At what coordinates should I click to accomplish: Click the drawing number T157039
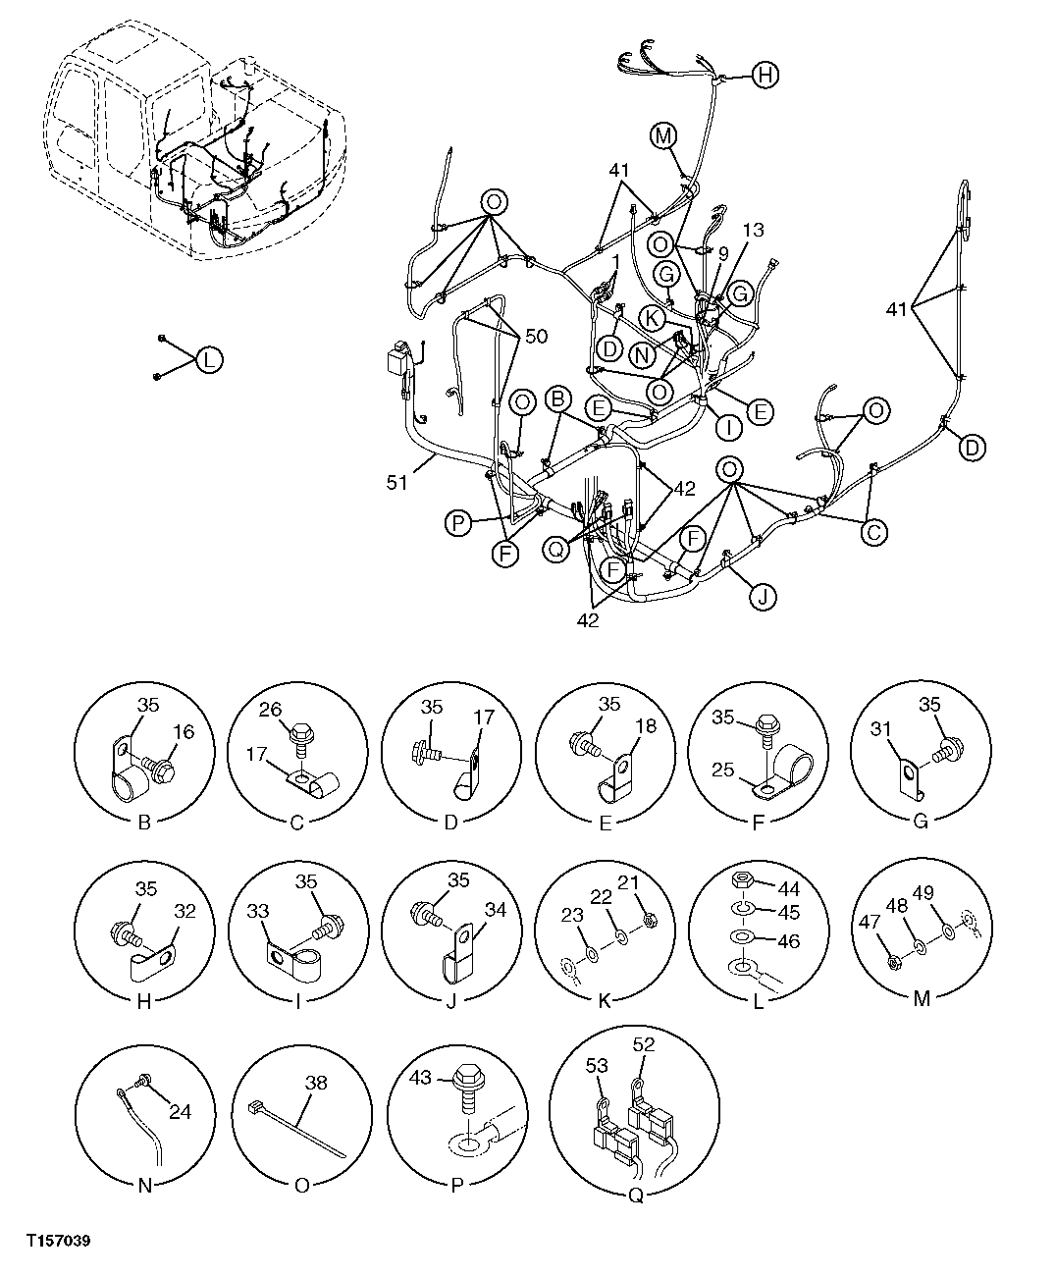point(58,1242)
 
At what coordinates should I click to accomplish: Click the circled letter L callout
point(208,360)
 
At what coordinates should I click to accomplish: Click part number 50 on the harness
point(535,337)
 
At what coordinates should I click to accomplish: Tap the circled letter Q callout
point(557,551)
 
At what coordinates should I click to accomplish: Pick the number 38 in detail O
point(316,1085)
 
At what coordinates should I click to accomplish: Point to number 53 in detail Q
point(597,1065)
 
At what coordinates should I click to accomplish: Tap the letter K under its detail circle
point(605,1000)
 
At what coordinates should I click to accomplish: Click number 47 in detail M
point(870,922)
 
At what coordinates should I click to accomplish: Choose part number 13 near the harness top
point(752,231)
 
